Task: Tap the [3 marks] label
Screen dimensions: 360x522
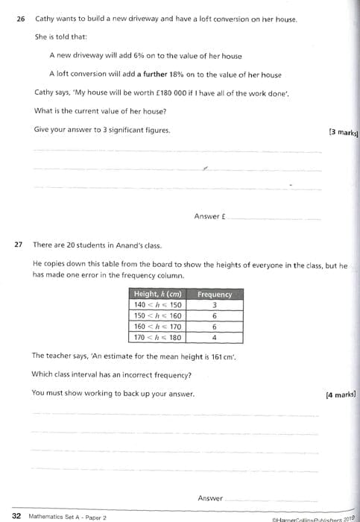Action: [343, 133]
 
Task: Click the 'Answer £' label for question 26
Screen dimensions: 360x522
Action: [209, 216]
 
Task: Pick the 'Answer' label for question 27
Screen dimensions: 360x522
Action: [210, 498]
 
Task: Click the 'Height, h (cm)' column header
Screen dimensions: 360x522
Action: [158, 295]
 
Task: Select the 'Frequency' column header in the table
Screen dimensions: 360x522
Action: [215, 295]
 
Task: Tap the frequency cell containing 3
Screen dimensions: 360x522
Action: [215, 305]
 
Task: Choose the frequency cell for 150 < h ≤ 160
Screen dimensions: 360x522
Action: [215, 315]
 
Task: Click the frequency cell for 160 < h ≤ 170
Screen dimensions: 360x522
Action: [215, 327]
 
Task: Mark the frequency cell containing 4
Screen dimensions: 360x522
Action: [215, 337]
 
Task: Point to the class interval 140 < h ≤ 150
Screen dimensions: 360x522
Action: [157, 305]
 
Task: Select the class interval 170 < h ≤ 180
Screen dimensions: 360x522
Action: [157, 337]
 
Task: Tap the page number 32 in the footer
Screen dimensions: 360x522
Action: [16, 515]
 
